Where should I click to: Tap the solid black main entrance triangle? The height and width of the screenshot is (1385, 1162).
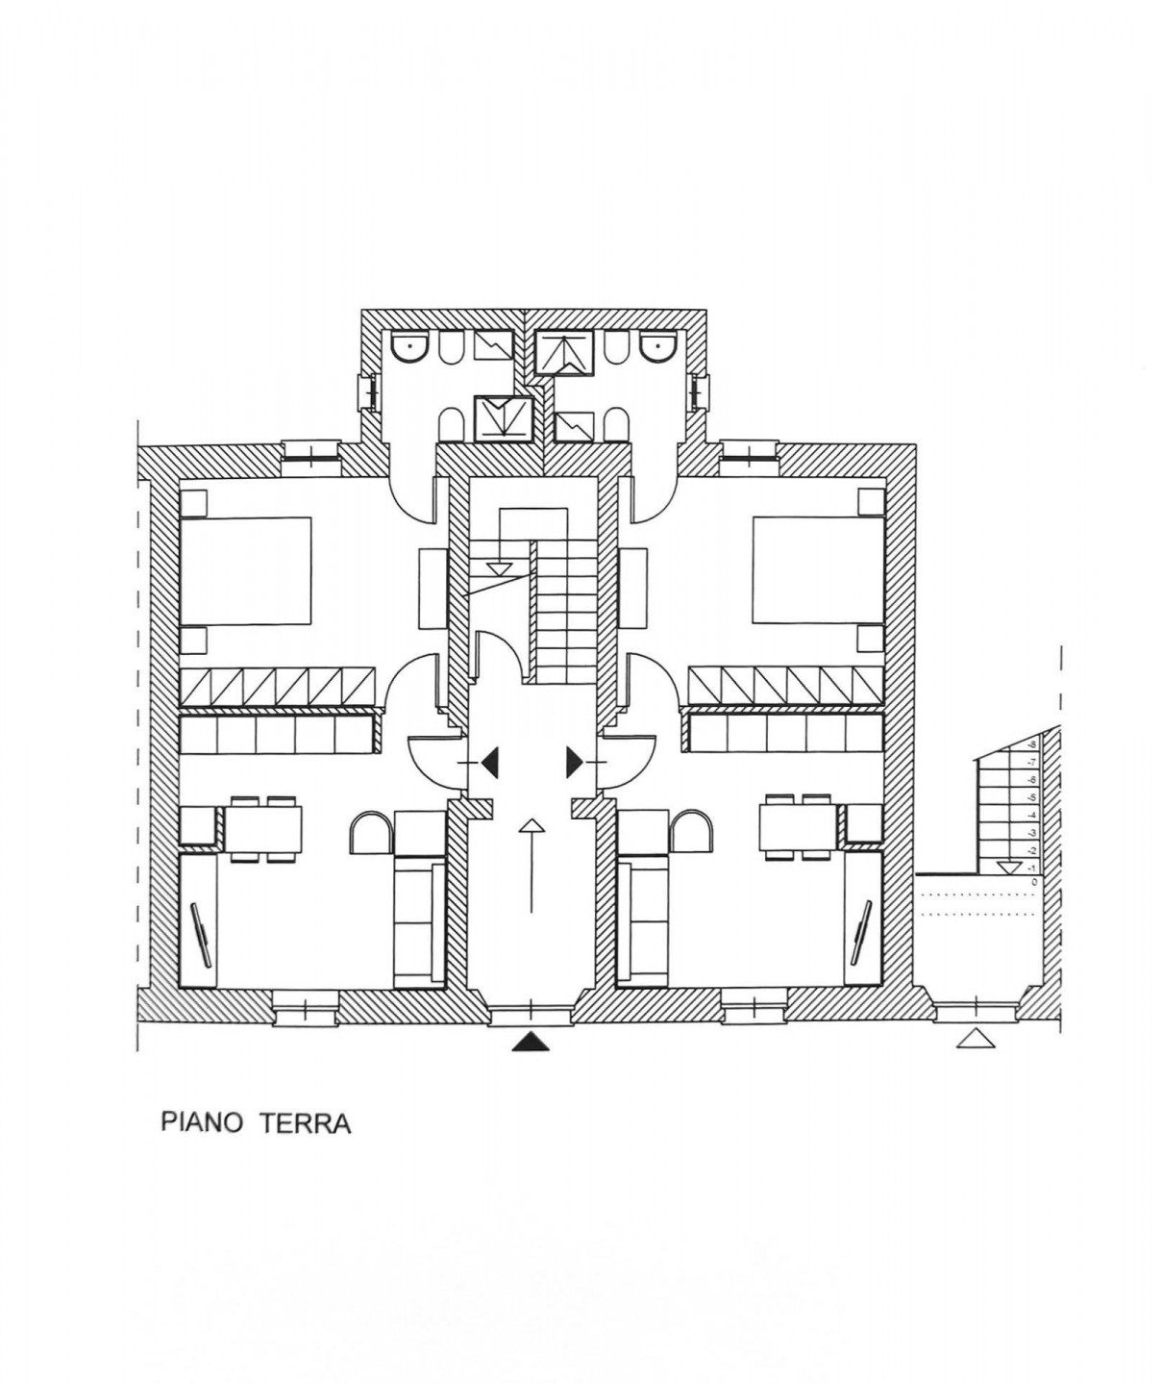(x=532, y=1042)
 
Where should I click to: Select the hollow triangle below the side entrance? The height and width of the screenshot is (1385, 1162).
(x=975, y=1038)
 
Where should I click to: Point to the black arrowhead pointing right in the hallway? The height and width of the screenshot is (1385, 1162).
(x=574, y=763)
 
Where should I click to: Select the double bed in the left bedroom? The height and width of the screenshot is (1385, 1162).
(x=246, y=571)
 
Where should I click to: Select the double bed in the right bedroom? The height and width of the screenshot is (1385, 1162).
(x=817, y=571)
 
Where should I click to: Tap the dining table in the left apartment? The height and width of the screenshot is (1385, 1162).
(x=262, y=827)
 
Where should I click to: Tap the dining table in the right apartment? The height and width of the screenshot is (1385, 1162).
(x=801, y=827)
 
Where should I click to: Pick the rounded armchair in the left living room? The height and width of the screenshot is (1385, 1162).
(x=371, y=832)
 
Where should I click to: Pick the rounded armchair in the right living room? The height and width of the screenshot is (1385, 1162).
(x=690, y=832)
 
